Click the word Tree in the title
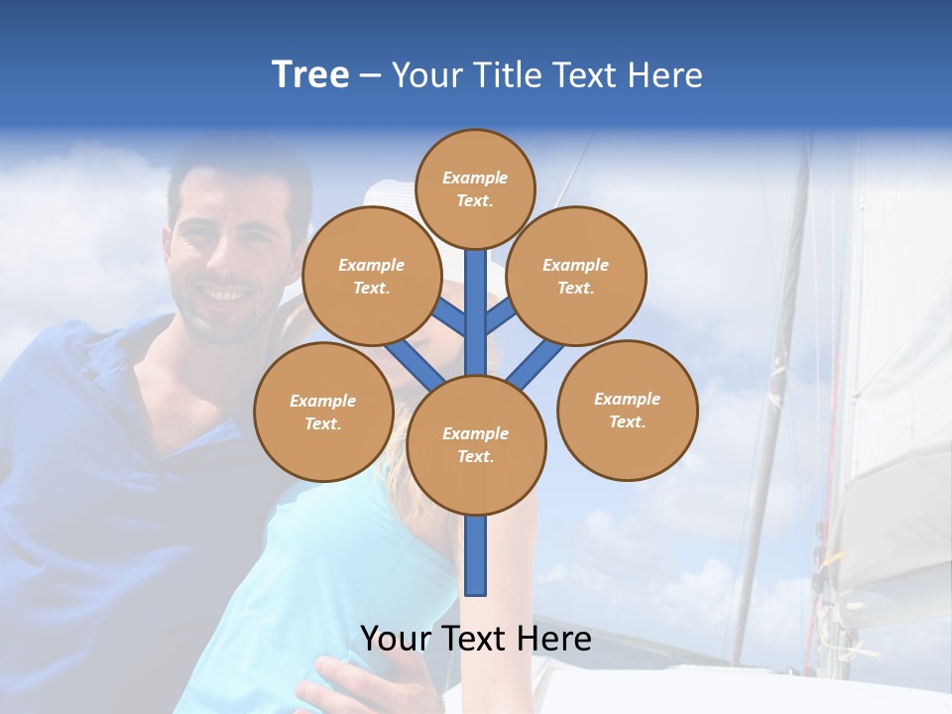tap(310, 74)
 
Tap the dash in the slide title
tap(370, 76)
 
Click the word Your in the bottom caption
tap(397, 639)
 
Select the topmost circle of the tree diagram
tap(475, 188)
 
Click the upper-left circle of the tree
tap(371, 276)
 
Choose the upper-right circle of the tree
tap(576, 276)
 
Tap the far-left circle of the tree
tap(323, 412)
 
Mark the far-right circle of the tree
tap(628, 410)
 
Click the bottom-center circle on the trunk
tap(476, 445)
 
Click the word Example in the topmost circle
tap(475, 178)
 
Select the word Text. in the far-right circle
tap(627, 421)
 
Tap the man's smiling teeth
tap(226, 295)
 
